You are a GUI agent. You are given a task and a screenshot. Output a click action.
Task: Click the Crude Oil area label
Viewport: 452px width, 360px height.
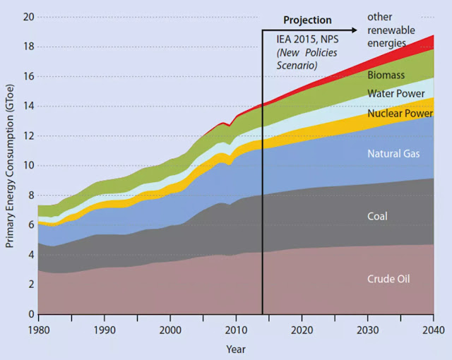coord(388,279)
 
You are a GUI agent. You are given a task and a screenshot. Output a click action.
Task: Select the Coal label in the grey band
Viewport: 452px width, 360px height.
coord(377,217)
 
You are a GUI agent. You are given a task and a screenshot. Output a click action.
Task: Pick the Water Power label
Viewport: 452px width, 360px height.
coord(395,93)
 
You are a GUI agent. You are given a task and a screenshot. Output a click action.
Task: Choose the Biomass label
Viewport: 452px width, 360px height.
coord(385,74)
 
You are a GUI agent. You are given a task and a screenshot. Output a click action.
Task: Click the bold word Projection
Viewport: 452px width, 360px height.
coord(307,20)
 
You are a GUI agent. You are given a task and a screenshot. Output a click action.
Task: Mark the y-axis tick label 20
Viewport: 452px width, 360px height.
coord(29,17)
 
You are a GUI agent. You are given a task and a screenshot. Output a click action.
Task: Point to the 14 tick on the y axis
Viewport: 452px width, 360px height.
coord(29,106)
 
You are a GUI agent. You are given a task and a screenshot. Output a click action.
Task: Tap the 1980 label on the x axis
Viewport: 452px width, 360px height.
coord(38,329)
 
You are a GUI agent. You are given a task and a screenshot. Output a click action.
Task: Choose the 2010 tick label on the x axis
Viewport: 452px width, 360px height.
coord(236,329)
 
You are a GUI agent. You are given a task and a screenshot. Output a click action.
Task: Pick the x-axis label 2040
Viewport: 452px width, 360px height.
coord(433,329)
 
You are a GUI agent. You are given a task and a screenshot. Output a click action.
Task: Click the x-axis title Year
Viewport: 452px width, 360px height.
coord(236,349)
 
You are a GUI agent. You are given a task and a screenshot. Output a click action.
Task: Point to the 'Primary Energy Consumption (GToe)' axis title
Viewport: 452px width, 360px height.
coord(10,166)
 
